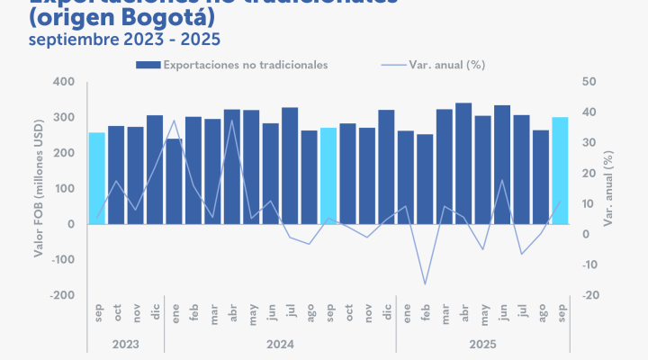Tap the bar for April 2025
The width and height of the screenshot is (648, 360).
tap(463, 163)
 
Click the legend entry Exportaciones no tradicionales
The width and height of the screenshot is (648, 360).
tap(231, 65)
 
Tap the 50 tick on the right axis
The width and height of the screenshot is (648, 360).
tap(589, 82)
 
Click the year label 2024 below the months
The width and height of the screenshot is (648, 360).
tap(280, 343)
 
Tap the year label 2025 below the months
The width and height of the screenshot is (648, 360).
tap(482, 343)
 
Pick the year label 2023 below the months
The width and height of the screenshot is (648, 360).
tap(125, 343)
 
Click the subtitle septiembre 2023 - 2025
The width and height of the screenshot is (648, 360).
tap(124, 40)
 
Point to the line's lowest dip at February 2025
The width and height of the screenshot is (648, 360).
tap(425, 284)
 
